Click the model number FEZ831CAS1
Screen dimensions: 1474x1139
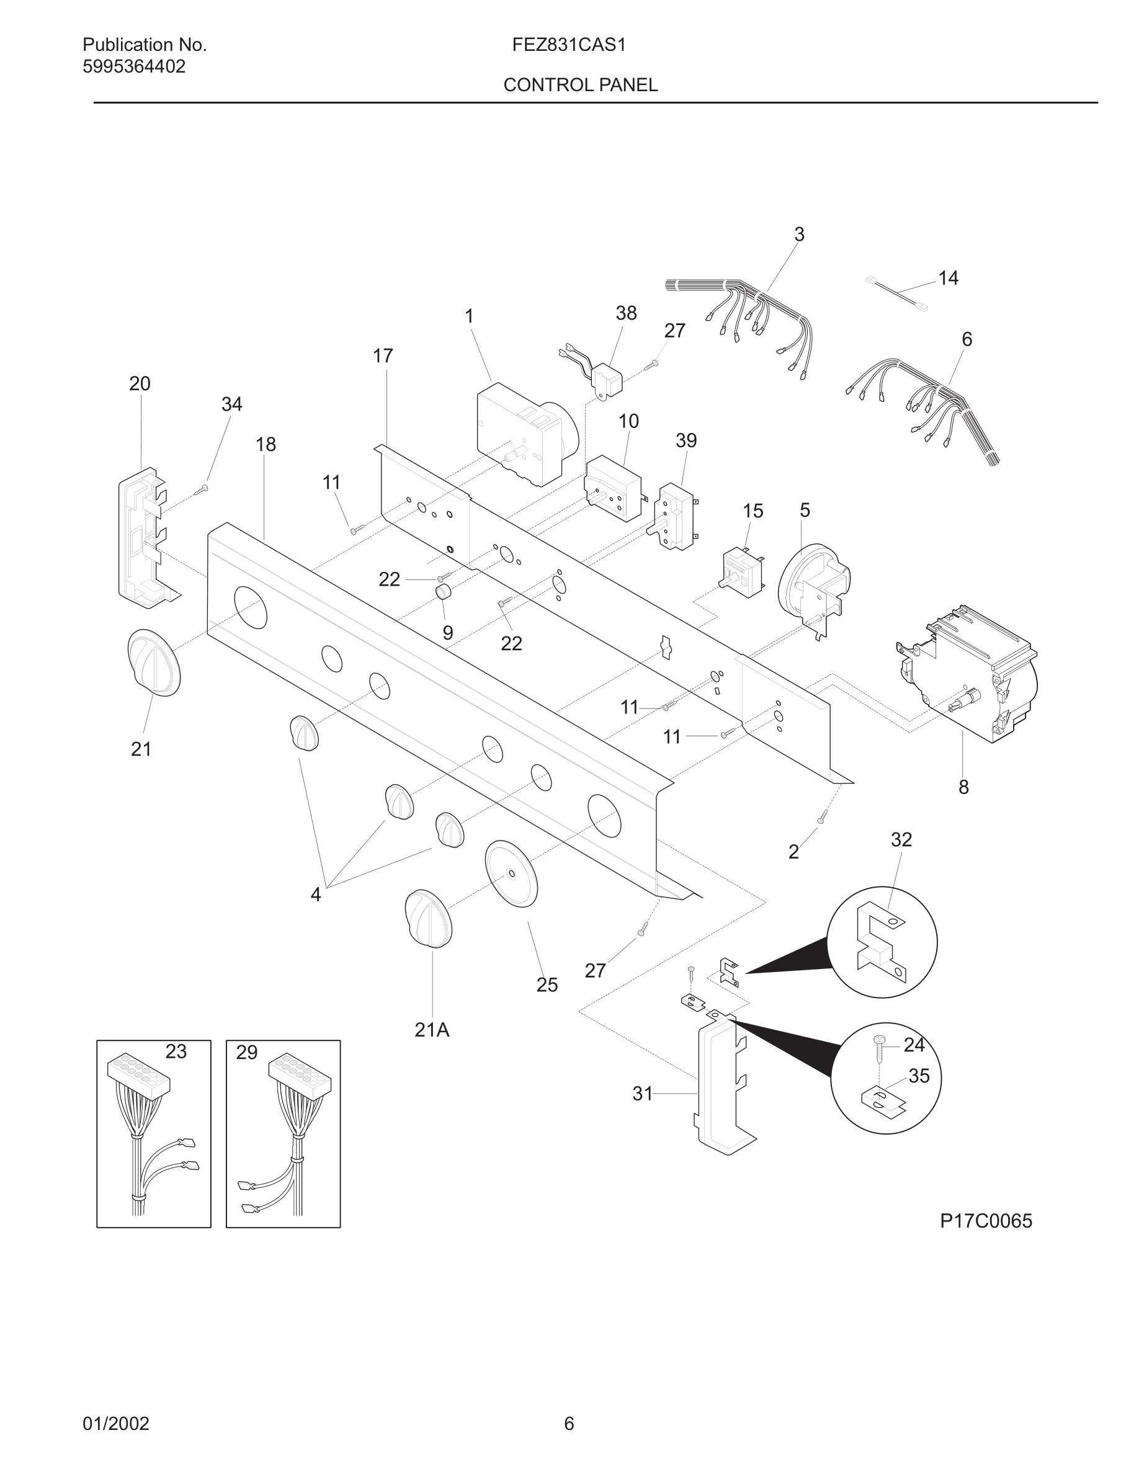tap(569, 45)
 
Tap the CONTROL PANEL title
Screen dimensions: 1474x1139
tap(580, 85)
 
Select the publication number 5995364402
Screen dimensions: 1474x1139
tap(133, 67)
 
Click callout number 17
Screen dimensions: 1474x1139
tap(383, 355)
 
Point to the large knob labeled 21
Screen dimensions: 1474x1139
tap(154, 663)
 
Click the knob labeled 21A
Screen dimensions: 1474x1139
tap(429, 919)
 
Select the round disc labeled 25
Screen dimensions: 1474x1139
tap(511, 873)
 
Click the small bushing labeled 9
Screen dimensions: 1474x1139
tap(443, 592)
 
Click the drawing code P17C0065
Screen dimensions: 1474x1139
tap(986, 1221)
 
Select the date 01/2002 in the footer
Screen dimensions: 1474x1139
tap(115, 1423)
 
